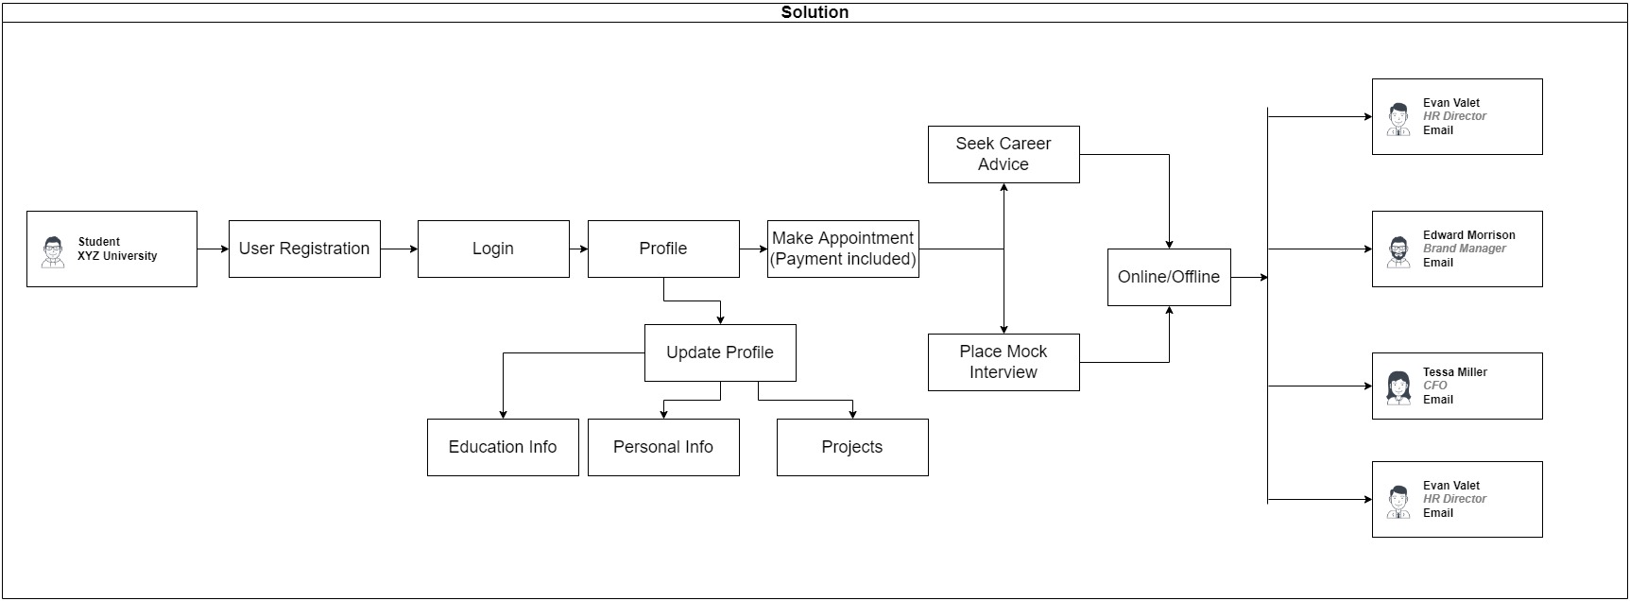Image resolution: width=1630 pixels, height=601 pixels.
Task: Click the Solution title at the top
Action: pyautogui.click(x=815, y=12)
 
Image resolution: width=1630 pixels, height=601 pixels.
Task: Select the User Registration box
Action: pyautogui.click(x=304, y=249)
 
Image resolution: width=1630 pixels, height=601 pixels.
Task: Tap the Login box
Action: pyautogui.click(x=493, y=249)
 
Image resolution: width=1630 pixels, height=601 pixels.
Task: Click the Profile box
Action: pyautogui.click(x=663, y=249)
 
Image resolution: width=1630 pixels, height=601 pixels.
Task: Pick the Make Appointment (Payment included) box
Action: pyautogui.click(x=843, y=249)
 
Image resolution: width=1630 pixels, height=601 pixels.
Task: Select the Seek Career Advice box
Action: pyautogui.click(x=1004, y=154)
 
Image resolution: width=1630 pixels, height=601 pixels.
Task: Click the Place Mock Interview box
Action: pyautogui.click(x=1004, y=362)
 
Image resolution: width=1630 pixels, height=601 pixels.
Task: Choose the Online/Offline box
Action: pyautogui.click(x=1169, y=277)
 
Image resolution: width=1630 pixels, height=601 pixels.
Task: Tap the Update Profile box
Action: pyautogui.click(x=720, y=352)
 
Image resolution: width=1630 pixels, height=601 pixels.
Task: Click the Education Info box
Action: pyautogui.click(x=503, y=447)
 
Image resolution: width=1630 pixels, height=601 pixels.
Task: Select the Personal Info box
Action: pyautogui.click(x=663, y=447)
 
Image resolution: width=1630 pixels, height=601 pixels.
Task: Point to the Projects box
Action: pyautogui.click(x=852, y=447)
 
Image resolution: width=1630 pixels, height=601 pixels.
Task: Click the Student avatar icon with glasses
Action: pyautogui.click(x=54, y=251)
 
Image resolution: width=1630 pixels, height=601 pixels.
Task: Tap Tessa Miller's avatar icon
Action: pyautogui.click(x=1398, y=387)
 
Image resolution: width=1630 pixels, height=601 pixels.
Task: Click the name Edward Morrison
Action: pyautogui.click(x=1468, y=235)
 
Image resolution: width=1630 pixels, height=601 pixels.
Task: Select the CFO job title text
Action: pyautogui.click(x=1434, y=386)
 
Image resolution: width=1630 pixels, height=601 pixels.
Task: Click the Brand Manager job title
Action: pyautogui.click(x=1464, y=249)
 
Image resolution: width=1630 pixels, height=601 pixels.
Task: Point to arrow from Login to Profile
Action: pyautogui.click(x=578, y=249)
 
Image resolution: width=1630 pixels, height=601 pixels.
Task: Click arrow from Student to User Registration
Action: pyautogui.click(x=213, y=249)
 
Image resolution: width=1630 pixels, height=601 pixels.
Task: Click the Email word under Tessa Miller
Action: pyautogui.click(x=1437, y=400)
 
